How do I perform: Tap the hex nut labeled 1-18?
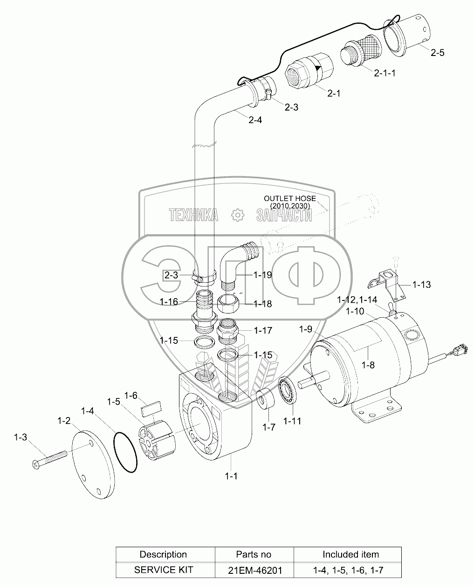[x=229, y=304]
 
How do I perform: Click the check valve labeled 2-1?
[x=310, y=71]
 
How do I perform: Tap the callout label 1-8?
[x=369, y=365]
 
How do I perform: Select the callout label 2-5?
[x=437, y=53]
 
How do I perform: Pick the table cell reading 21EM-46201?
[x=254, y=570]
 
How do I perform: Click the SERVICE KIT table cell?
[x=163, y=570]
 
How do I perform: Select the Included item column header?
[x=350, y=554]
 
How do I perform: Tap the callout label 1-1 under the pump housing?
[x=231, y=476]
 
